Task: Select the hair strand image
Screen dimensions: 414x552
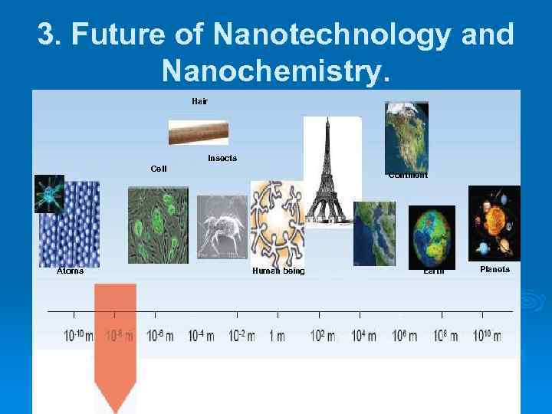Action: coord(199,132)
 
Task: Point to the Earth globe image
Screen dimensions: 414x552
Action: coord(432,235)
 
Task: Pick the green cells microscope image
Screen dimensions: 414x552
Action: coord(157,225)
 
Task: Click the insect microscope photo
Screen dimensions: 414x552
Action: coord(222,227)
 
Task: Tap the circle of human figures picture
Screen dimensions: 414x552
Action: coord(277,222)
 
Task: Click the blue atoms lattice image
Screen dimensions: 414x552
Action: coord(70,223)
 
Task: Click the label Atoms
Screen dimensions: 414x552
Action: coord(71,271)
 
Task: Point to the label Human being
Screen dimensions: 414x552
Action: coord(278,271)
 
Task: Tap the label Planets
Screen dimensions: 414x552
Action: coord(495,270)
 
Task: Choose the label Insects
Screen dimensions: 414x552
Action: coord(222,158)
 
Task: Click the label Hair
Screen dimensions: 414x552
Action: coord(199,100)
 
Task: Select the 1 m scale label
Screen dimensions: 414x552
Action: coord(277,337)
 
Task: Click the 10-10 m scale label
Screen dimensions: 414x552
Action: coord(78,337)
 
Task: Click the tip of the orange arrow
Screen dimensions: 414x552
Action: coord(115,408)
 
